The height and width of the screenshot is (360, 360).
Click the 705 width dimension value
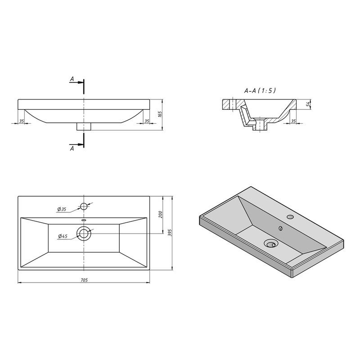coord(84,280)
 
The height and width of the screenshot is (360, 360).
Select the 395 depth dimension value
coord(170,233)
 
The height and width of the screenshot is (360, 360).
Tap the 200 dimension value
coord(160,215)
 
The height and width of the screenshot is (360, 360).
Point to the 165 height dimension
coord(160,114)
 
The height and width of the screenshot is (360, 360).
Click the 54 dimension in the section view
coord(309,103)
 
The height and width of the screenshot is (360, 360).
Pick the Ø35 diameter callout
coord(62,209)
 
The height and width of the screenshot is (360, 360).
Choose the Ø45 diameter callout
coord(63,236)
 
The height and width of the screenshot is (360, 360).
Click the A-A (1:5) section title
coord(260,91)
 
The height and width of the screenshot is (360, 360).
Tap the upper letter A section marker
coord(72,79)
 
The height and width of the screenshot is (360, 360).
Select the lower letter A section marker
coord(72,148)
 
